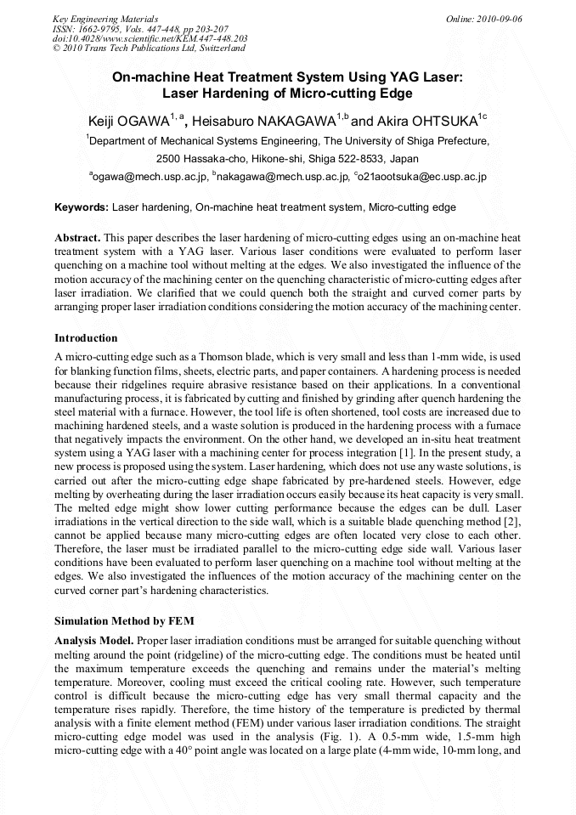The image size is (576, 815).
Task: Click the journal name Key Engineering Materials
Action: (x=105, y=18)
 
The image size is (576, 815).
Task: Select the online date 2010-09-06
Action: (x=498, y=18)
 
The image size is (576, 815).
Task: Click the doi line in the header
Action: (x=150, y=38)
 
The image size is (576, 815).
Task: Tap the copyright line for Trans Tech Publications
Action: (x=150, y=48)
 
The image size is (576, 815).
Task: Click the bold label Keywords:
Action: (x=82, y=207)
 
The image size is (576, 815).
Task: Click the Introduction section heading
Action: (x=86, y=337)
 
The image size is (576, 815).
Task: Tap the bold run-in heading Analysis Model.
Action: (x=93, y=639)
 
